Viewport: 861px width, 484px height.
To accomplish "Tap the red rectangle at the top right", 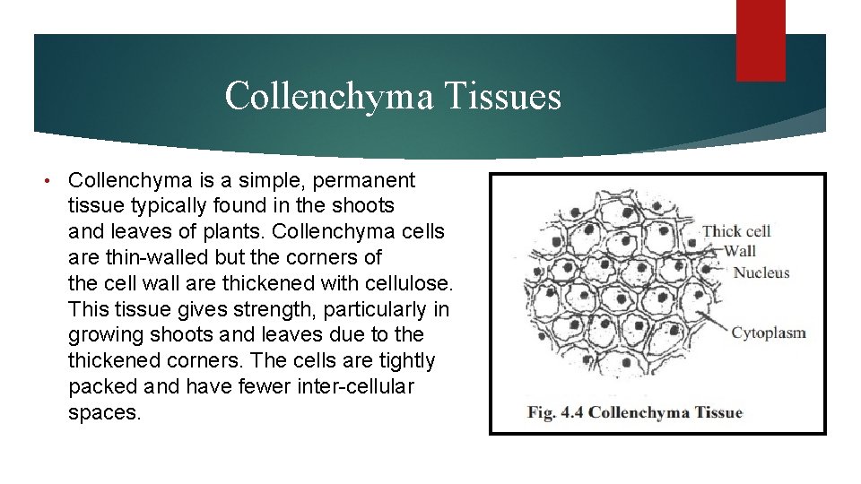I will click(x=761, y=39).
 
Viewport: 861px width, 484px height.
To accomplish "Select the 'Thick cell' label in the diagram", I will click(x=735, y=231).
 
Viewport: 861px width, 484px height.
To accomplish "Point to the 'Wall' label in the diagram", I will click(x=740, y=251).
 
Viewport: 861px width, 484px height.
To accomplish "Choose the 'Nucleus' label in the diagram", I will click(x=761, y=272).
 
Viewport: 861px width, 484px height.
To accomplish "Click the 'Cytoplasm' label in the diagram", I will click(x=769, y=333).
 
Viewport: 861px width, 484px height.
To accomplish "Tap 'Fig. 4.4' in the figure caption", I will click(x=555, y=412).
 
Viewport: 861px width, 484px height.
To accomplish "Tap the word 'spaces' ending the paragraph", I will click(x=104, y=413).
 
